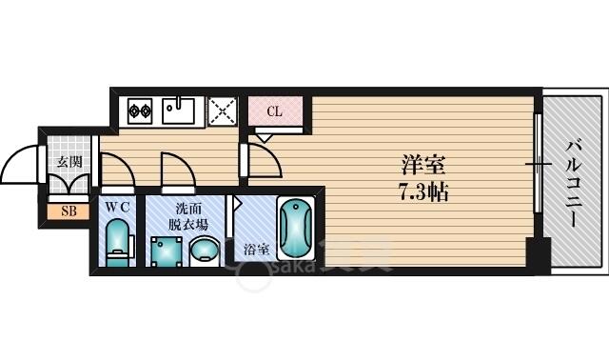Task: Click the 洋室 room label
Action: (423, 165)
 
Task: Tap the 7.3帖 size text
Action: (424, 191)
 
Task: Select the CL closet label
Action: (274, 111)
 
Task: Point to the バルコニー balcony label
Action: (574, 184)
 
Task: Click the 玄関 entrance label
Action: (69, 161)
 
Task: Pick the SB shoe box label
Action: (69, 211)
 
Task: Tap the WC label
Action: (117, 208)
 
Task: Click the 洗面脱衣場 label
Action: (188, 216)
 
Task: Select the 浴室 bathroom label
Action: (256, 250)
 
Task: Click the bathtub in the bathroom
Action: (296, 229)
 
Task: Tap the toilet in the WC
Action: (118, 243)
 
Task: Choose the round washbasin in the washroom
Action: (205, 251)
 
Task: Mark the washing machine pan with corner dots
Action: (167, 251)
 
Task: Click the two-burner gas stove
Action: (140, 111)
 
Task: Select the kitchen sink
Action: (179, 111)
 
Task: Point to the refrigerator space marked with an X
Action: (223, 111)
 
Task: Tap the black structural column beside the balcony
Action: (539, 254)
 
